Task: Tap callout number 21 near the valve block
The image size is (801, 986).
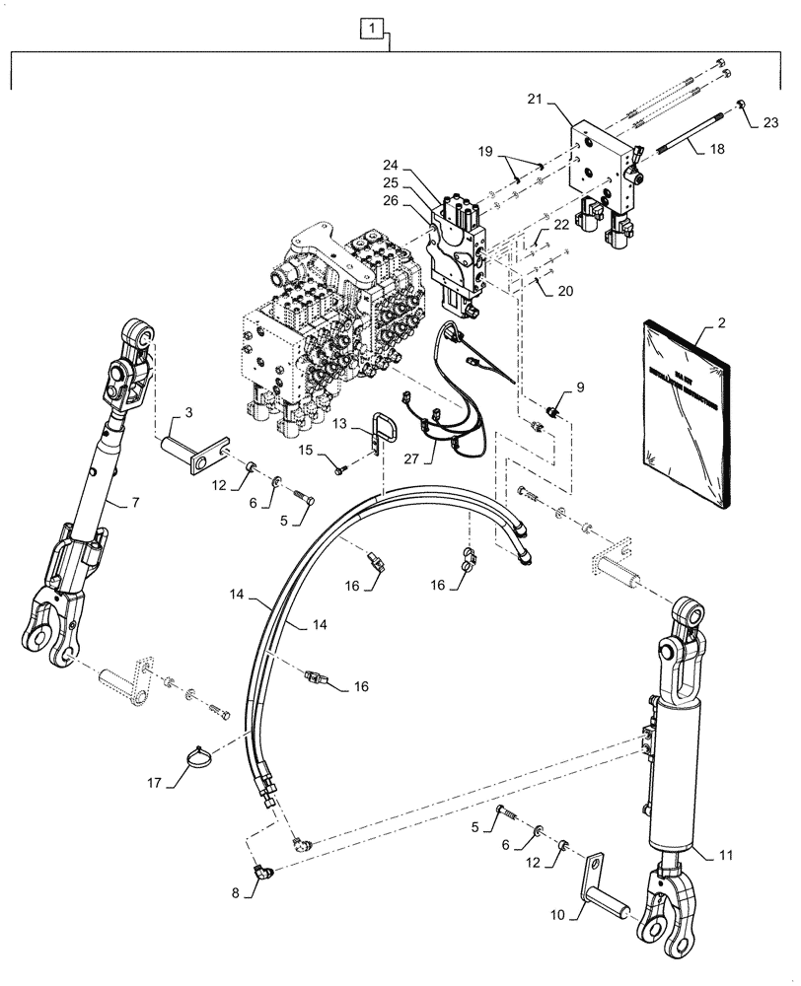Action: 535,100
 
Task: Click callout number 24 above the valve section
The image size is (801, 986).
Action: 392,165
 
